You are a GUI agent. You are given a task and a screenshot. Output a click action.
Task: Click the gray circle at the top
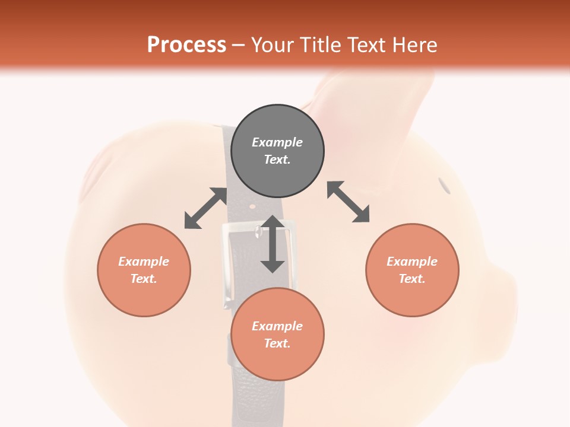277,151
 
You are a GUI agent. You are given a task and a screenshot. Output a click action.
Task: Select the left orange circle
144,270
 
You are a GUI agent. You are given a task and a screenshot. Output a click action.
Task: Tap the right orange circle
412,270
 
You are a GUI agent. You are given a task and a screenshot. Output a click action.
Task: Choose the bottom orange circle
277,334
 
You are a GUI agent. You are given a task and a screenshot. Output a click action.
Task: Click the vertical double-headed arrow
273,244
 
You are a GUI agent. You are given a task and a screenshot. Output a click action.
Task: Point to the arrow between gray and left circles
205,208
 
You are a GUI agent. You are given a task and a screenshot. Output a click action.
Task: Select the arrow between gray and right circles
348,202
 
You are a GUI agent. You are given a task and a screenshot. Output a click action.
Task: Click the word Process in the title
186,45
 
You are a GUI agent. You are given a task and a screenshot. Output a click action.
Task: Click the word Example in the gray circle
277,142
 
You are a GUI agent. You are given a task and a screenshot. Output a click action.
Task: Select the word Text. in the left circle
144,279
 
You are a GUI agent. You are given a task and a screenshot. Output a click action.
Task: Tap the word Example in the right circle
412,262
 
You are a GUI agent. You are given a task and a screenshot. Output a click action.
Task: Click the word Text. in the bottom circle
277,343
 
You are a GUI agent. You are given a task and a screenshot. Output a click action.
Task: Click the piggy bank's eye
444,185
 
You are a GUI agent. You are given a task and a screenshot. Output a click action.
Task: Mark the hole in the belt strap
253,207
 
